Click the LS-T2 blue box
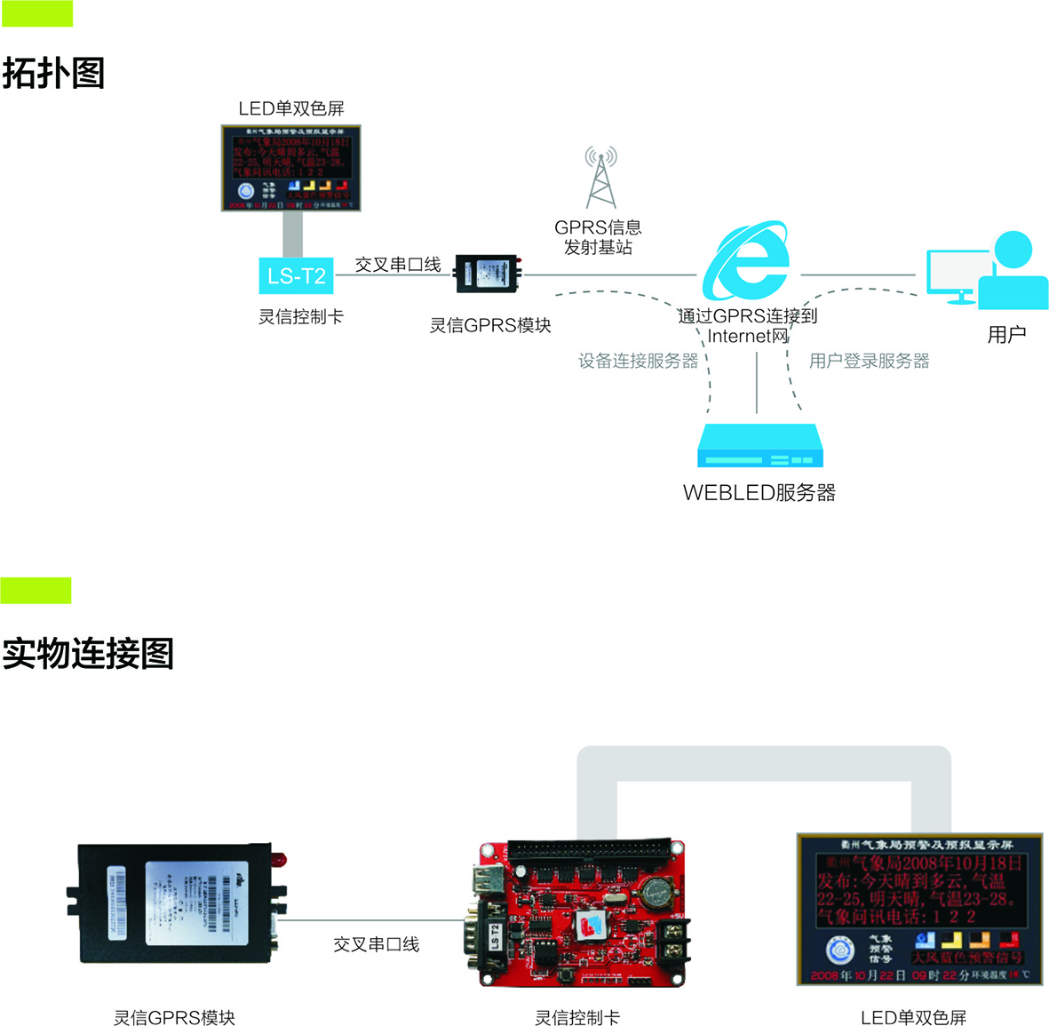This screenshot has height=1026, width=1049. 296,276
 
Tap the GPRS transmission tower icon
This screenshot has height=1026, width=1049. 600,178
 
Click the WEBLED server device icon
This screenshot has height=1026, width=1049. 759,446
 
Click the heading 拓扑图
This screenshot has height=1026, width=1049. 53,73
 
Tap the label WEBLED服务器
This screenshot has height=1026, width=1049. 759,493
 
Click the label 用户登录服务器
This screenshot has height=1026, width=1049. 869,361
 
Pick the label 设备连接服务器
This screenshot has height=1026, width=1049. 639,361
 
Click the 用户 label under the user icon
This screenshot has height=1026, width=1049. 1006,335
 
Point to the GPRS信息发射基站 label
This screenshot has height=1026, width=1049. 598,237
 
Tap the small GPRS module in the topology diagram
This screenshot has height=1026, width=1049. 487,274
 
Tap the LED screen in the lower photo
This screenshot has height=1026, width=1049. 918,909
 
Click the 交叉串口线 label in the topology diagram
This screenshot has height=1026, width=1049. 398,265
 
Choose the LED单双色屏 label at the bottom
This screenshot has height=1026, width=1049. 913,1018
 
